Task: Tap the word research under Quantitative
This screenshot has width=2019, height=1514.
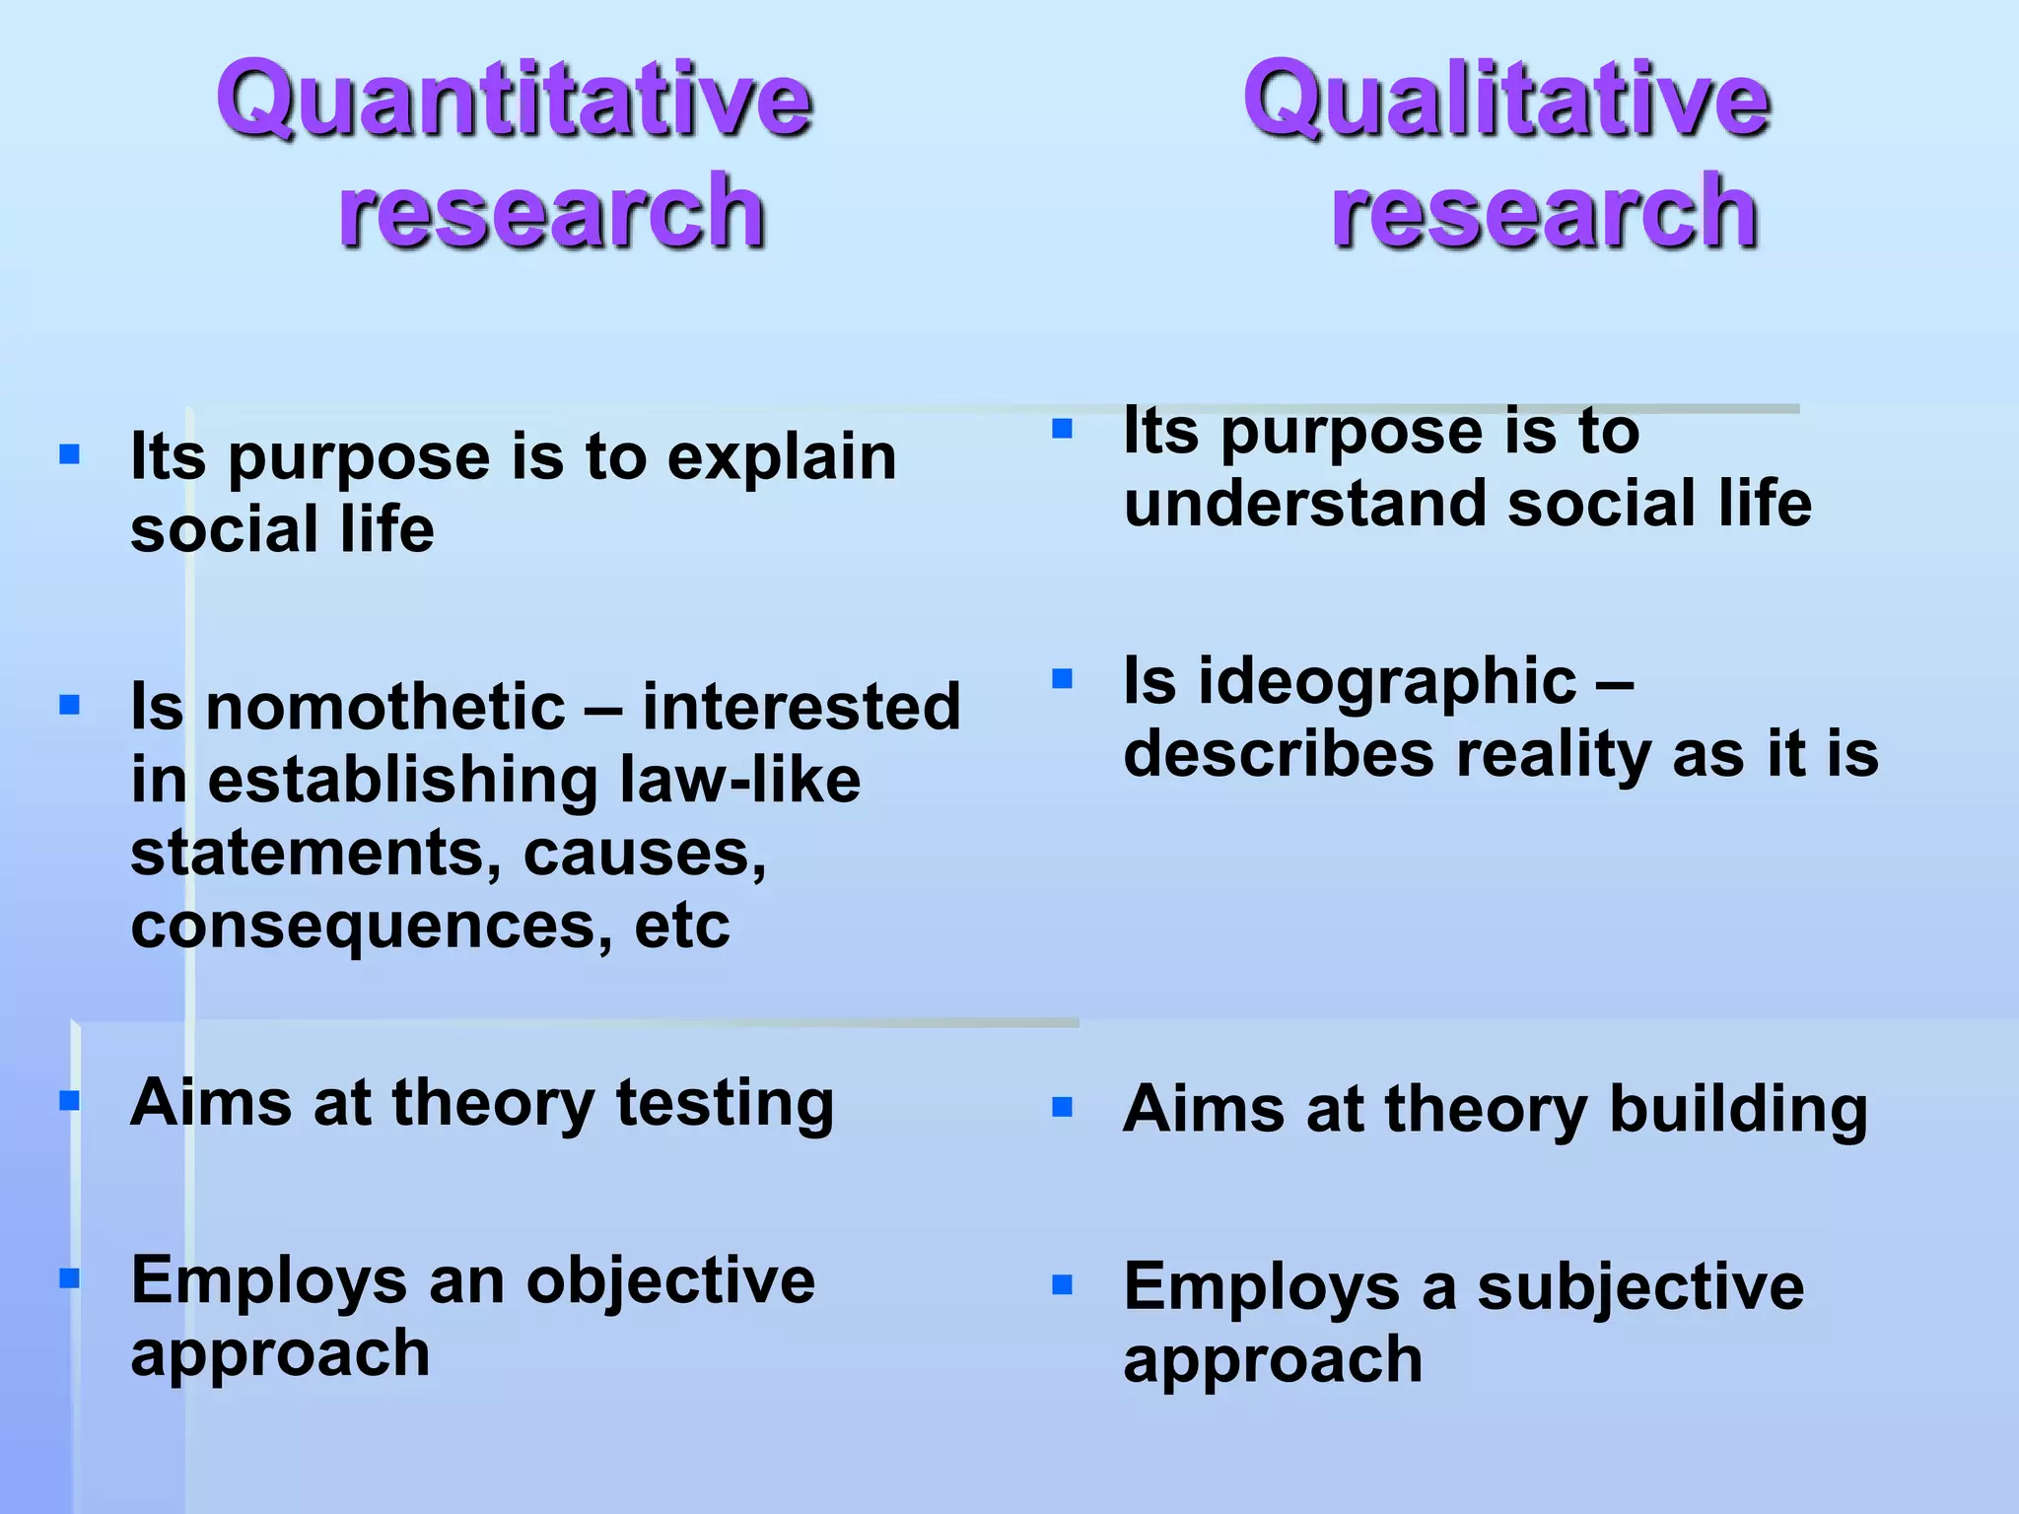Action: pos(552,210)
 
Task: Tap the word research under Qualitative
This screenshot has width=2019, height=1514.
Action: pos(1545,210)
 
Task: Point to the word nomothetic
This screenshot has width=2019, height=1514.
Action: pos(385,707)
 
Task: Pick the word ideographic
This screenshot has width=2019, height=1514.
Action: pos(1387,681)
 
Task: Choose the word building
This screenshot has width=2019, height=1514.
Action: pos(1738,1110)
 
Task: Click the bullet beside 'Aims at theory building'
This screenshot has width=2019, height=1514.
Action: pos(1062,1107)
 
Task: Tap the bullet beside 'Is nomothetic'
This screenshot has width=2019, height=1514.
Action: pos(69,705)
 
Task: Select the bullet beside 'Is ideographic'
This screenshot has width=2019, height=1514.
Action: pos(1062,678)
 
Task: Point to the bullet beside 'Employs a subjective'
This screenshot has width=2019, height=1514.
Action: pos(1062,1284)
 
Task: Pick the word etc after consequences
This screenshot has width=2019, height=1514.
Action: pos(682,926)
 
